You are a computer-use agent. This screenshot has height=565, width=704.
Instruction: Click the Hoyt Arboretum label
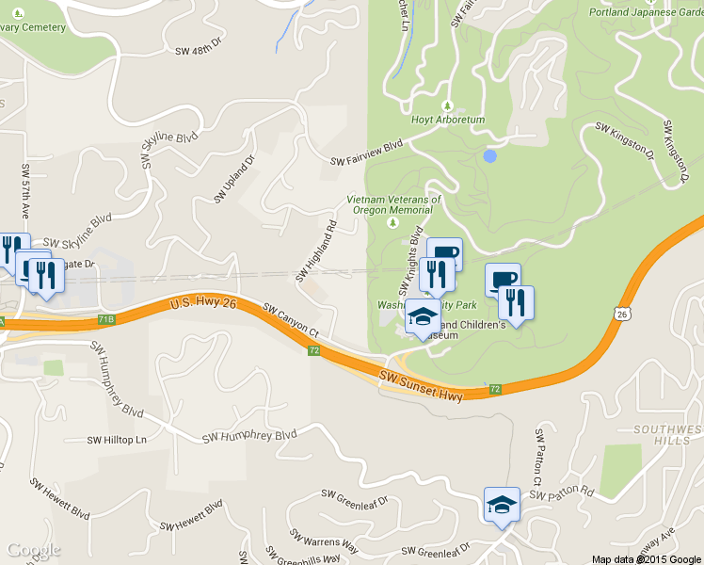tap(447, 121)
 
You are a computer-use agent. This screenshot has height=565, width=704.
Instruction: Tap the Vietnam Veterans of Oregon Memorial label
tap(393, 204)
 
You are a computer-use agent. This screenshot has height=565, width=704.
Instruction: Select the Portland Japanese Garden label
tap(647, 12)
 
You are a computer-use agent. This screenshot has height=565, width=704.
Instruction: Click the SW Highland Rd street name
tap(316, 251)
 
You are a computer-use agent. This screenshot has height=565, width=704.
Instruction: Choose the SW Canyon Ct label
tap(292, 320)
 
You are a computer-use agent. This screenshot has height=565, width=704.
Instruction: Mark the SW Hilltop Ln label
tap(118, 440)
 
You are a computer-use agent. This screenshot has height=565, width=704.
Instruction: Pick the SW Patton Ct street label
tap(538, 458)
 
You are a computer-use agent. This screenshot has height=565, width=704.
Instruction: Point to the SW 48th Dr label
tap(198, 47)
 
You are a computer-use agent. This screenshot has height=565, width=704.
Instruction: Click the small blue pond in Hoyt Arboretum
tap(489, 155)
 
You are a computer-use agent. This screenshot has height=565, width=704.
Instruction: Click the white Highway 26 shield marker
tap(622, 313)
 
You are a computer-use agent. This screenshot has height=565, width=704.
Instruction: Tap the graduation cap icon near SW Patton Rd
tap(502, 506)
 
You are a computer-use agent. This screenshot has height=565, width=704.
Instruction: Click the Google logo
tap(34, 550)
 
